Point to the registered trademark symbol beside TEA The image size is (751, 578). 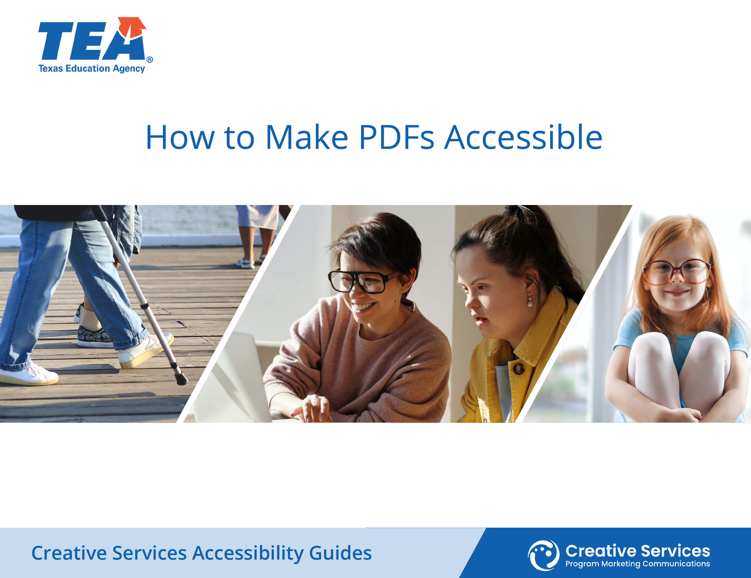pos(150,60)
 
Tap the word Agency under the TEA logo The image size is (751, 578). pos(129,69)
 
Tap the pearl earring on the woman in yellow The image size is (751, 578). pos(530,303)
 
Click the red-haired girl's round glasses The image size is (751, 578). pos(677,272)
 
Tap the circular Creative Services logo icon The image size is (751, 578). pos(544,555)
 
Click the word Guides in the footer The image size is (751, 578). pos(340,553)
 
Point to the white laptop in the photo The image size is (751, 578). pos(234,378)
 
